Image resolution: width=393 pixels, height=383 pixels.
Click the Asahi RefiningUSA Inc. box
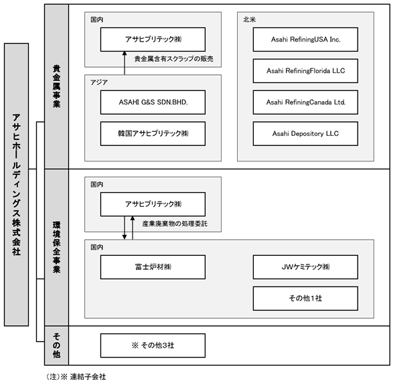click(x=305, y=40)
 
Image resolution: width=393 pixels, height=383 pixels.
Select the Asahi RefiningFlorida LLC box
click(x=305, y=71)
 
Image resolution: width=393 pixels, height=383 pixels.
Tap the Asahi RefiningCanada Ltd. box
click(x=305, y=102)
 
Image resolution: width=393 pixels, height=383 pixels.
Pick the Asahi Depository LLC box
click(x=305, y=134)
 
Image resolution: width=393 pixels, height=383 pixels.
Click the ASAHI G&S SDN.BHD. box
click(x=153, y=102)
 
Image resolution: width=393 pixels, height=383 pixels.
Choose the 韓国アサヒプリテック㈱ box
click(x=153, y=134)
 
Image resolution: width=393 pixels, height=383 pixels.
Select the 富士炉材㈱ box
click(x=153, y=267)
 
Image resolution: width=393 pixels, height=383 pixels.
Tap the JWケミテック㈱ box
click(x=305, y=267)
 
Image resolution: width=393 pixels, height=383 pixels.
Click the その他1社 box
click(x=305, y=298)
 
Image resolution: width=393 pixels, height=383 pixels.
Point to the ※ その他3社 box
click(x=153, y=346)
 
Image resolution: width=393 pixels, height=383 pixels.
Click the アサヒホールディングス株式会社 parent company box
click(x=16, y=185)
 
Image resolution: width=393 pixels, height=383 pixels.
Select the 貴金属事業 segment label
click(x=56, y=86)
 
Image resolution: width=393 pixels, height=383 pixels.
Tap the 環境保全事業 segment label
click(x=56, y=247)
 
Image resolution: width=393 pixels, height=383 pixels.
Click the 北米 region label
click(x=249, y=19)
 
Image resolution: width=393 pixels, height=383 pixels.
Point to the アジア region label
click(x=99, y=82)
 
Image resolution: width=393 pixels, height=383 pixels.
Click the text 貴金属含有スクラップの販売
click(x=174, y=59)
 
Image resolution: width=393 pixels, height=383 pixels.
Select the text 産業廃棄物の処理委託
click(x=175, y=224)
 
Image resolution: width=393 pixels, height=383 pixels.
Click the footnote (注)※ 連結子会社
click(x=76, y=376)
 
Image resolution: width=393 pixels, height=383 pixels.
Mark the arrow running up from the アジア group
click(x=125, y=63)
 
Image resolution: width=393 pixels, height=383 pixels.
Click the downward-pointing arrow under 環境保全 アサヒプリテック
click(x=125, y=228)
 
